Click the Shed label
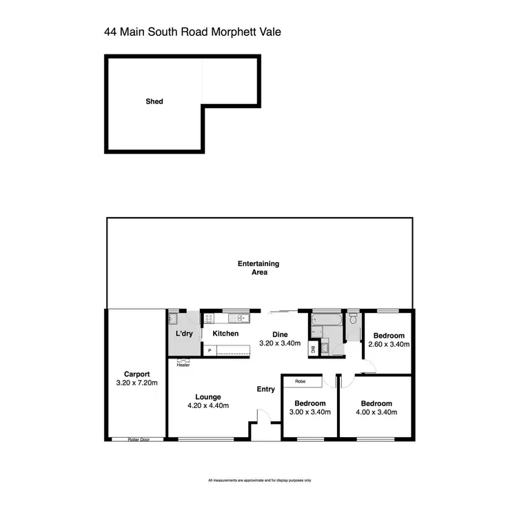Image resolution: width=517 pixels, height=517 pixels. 154,101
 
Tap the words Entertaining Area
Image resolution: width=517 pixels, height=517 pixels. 258,267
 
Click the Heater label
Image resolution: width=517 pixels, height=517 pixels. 183,365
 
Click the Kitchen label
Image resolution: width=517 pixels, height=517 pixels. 225,334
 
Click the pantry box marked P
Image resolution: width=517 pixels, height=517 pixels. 210,351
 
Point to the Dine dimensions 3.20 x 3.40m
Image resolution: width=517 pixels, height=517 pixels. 279,343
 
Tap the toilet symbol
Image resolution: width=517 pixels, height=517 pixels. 353,319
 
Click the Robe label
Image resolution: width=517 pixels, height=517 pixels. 300,381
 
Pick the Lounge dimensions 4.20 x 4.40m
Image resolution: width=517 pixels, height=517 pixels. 207,405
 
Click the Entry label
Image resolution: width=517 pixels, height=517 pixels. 266,389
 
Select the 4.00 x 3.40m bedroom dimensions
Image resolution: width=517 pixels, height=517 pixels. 376,412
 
